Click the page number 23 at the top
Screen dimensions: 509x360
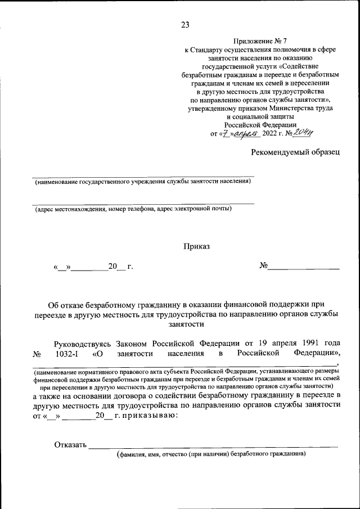185,24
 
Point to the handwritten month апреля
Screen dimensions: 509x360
245,133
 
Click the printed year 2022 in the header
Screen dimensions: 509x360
271,134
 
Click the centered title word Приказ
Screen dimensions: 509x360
196,246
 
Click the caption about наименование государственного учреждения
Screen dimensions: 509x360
142,182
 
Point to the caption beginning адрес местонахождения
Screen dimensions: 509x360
133,209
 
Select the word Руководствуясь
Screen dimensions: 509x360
83,343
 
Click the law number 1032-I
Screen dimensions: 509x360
70,353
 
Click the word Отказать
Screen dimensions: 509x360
70,445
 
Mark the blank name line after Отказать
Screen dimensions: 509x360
214,447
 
